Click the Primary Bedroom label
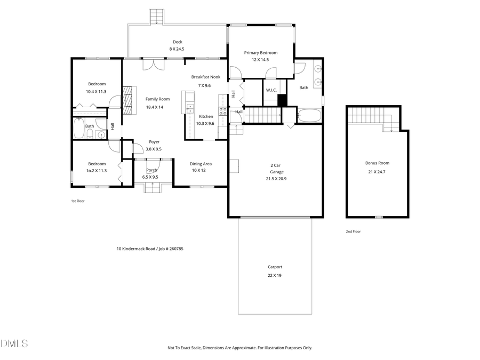click(260, 52)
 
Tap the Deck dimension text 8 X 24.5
click(177, 49)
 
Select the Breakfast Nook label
click(205, 77)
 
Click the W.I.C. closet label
click(271, 90)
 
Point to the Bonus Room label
click(377, 163)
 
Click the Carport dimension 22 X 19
click(275, 275)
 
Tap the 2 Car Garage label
click(276, 169)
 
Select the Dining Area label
click(202, 164)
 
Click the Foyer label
click(154, 142)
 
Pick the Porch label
click(151, 170)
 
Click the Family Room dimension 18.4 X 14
click(154, 107)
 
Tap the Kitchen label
click(206, 116)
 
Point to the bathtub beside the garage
click(309, 115)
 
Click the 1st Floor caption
click(78, 201)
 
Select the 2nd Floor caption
click(353, 231)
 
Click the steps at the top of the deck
click(156, 17)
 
